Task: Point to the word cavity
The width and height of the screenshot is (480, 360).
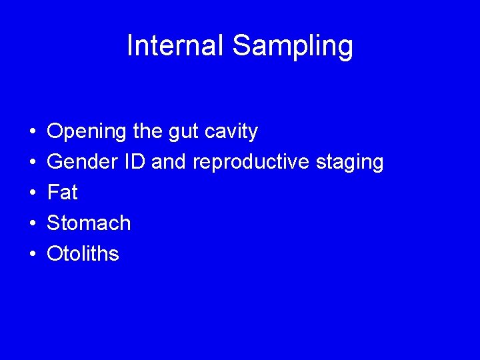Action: click(x=231, y=132)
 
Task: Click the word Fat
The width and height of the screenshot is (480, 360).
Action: click(x=62, y=193)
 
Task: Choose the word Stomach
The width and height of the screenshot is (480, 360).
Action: click(x=89, y=223)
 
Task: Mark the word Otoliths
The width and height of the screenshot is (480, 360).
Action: click(x=83, y=253)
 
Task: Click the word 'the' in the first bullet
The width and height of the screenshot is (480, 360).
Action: click(x=147, y=132)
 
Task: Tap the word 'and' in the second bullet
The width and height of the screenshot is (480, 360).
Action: click(x=171, y=162)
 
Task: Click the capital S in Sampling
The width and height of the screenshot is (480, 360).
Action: click(x=241, y=46)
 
